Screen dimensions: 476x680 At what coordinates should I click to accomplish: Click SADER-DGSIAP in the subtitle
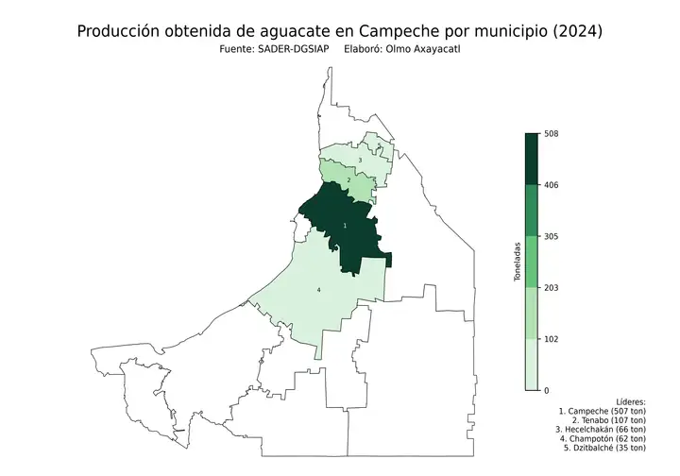pos(292,50)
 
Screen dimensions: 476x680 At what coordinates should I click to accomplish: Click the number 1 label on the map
pos(345,226)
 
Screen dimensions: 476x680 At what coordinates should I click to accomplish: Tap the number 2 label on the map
pos(349,179)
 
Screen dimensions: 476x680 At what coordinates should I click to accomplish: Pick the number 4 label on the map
pos(318,289)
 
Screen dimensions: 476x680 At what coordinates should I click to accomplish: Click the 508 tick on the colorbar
pos(552,134)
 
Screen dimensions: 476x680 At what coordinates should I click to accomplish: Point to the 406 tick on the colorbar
pos(552,185)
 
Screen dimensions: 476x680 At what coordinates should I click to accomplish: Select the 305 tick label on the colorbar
pos(552,236)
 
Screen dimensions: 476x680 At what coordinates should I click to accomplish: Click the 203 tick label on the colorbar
pos(552,287)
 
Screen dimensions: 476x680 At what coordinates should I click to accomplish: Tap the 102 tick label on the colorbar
pos(552,338)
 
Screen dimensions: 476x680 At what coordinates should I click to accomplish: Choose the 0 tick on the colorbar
pos(547,389)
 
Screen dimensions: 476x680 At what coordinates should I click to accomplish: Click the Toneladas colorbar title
pos(517,262)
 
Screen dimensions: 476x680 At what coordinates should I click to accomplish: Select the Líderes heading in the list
pos(630,401)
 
